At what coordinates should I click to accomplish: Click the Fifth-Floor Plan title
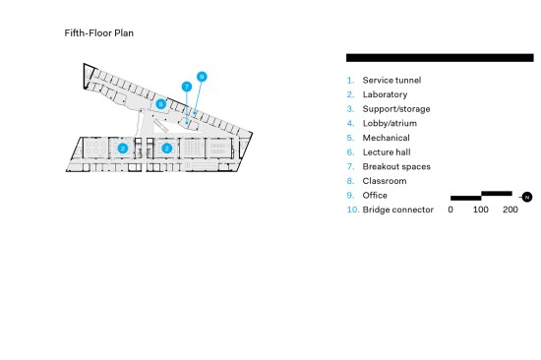[99, 33]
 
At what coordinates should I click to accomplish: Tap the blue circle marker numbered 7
[187, 87]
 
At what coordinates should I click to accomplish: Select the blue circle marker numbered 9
[202, 77]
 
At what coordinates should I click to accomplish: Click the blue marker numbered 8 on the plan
[160, 104]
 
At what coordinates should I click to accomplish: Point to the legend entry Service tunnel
[391, 80]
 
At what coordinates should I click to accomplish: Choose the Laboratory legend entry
[385, 94]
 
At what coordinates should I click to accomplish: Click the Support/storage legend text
[396, 109]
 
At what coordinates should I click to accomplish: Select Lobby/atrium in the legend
[390, 123]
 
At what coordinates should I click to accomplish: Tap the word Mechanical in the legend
[387, 138]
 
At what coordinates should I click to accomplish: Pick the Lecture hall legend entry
[387, 152]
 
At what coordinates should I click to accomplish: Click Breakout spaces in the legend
[396, 166]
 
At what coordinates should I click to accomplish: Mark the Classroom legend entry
[385, 181]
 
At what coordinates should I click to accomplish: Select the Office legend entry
[375, 196]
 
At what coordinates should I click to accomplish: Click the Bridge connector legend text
[397, 210]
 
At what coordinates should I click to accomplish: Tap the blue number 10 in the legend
[352, 210]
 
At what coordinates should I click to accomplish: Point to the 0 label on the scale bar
[451, 210]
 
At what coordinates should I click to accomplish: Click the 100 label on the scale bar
[480, 210]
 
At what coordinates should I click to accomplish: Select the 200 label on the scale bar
[511, 210]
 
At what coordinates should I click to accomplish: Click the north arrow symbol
[526, 197]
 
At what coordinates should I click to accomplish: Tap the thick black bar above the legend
[440, 58]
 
